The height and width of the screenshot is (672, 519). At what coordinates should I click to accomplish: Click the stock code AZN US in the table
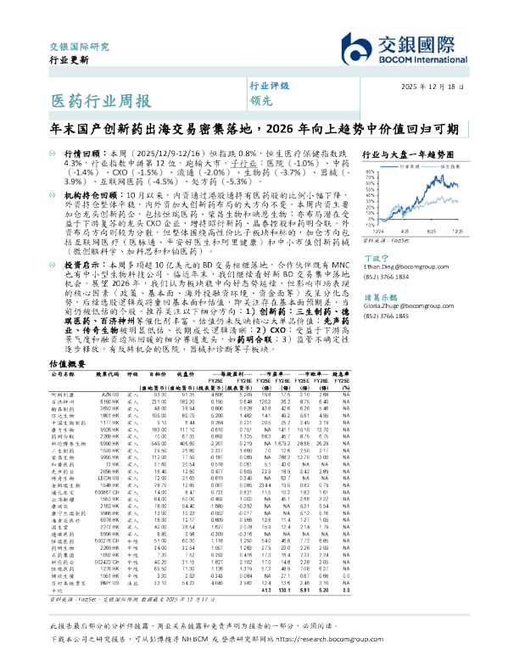point(110,395)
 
